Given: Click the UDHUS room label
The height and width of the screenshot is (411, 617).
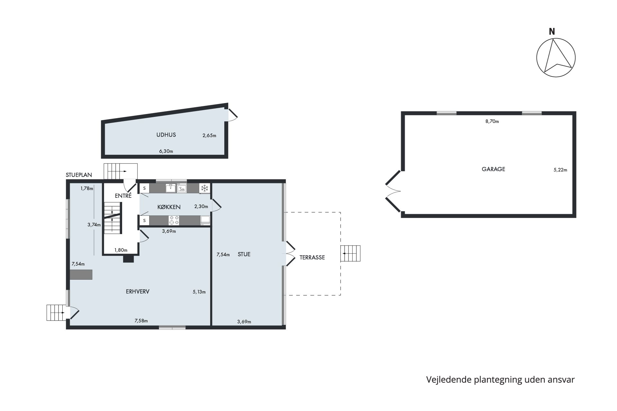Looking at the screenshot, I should (166, 135).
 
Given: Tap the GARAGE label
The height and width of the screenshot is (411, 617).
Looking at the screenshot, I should (493, 169).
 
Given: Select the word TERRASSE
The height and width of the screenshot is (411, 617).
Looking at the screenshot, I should (312, 258).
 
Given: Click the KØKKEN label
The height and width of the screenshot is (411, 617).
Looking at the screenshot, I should (169, 207).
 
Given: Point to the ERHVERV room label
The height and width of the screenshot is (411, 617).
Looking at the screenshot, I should (138, 292).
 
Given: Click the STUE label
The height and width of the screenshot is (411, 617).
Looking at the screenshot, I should (244, 254).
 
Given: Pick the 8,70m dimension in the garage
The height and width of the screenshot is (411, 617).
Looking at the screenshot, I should (492, 121).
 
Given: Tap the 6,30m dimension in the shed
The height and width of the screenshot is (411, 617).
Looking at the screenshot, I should (166, 151).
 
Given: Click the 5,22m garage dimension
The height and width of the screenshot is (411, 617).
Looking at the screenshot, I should (560, 170).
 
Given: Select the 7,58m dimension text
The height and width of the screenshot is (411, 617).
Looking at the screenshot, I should (141, 321).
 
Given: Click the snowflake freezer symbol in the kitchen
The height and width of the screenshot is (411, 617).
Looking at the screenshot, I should (204, 188).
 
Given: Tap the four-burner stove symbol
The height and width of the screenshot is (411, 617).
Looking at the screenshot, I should (174, 220).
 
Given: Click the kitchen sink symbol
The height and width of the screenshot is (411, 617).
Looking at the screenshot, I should (170, 188).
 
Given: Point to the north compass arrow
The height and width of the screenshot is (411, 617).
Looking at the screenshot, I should (556, 58).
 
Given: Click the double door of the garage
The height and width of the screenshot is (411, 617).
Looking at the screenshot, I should (393, 192).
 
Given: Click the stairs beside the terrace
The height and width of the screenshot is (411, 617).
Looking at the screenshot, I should (351, 253).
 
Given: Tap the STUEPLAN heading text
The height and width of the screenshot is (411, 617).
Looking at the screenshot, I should (79, 175).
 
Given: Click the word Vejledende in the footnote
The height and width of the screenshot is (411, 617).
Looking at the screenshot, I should (449, 380).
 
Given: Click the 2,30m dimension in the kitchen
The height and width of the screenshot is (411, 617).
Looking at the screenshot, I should (201, 206).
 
